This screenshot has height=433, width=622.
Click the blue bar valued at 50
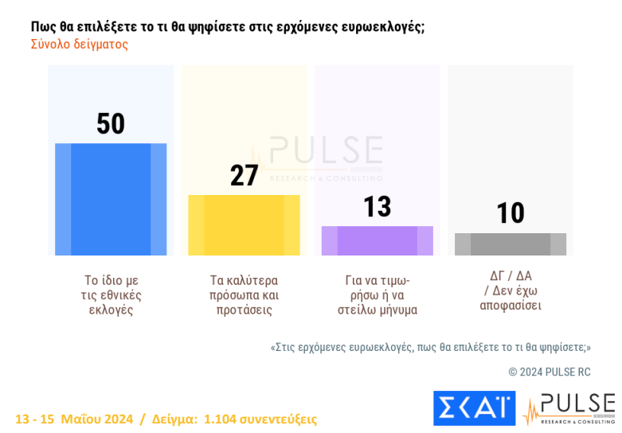(x=111, y=199)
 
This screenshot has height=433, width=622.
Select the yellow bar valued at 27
(x=244, y=225)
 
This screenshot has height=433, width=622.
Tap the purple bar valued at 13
(x=377, y=240)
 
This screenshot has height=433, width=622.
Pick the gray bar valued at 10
(x=510, y=244)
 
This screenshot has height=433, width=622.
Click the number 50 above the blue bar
(x=111, y=124)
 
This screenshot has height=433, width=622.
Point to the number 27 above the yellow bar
(x=244, y=175)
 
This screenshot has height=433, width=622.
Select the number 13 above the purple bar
(x=378, y=207)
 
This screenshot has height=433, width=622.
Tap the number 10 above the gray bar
(x=511, y=213)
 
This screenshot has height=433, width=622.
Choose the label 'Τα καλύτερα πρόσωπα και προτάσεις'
(x=244, y=295)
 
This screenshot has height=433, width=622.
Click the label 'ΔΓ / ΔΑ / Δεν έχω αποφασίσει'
(x=511, y=291)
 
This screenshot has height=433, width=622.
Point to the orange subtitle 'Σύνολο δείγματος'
(x=80, y=45)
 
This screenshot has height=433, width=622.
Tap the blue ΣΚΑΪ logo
(x=474, y=408)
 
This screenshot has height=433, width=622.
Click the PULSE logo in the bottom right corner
(x=569, y=408)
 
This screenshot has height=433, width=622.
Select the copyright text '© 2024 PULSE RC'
(x=550, y=372)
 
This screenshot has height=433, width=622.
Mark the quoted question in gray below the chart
(x=431, y=348)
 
